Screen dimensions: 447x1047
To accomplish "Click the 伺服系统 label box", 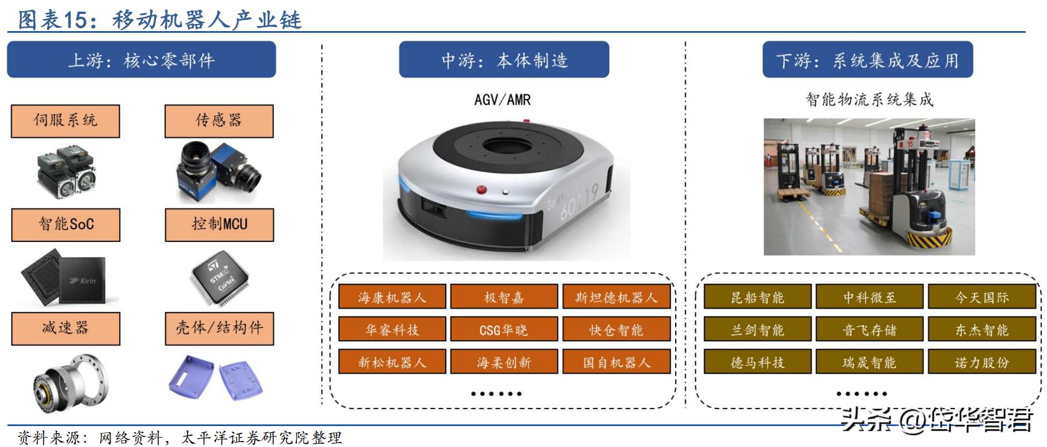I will click(65, 121).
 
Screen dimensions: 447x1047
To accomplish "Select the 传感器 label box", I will click(219, 121).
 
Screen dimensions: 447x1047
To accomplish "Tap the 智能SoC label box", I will click(66, 225).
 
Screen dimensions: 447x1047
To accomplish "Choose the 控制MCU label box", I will click(219, 225).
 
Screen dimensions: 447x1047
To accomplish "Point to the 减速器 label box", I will click(66, 329).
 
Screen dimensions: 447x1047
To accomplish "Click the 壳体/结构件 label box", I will click(219, 329).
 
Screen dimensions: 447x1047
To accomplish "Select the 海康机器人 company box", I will click(392, 297).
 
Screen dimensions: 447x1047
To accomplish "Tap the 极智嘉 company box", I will click(504, 297).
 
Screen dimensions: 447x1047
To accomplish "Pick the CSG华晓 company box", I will click(504, 330).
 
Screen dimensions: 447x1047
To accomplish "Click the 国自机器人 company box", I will click(616, 362).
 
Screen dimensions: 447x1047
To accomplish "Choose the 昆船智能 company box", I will click(757, 297).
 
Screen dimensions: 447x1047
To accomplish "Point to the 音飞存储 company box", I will click(869, 330).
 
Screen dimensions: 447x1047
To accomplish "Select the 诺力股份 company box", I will click(981, 362).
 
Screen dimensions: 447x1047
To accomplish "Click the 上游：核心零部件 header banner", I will click(141, 59).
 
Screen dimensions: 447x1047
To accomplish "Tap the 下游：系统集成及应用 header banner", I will click(867, 59).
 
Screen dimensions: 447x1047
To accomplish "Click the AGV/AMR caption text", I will click(503, 100).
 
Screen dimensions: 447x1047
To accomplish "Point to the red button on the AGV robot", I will click(481, 190).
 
